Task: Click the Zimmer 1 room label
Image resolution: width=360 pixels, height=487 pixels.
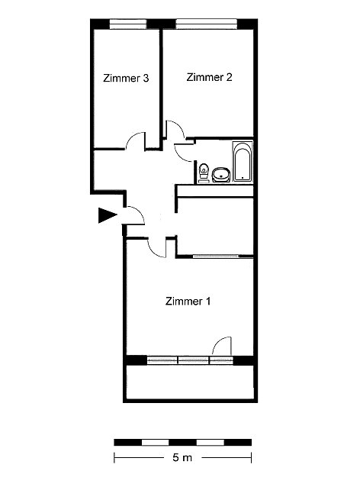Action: [188, 301]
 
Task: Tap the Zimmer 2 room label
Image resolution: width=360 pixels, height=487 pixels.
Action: [209, 77]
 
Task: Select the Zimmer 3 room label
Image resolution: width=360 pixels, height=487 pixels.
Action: [126, 78]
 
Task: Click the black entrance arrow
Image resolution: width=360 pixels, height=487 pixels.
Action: [108, 215]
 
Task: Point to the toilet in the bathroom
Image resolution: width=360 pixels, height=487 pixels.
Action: [204, 173]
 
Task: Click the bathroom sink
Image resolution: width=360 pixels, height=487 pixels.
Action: [221, 175]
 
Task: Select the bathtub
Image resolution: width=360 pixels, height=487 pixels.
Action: [243, 162]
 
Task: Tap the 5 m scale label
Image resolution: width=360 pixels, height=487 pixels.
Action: [182, 457]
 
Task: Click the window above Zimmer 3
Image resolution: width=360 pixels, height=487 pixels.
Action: [128, 24]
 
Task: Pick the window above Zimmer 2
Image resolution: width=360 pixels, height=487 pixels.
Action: [207, 24]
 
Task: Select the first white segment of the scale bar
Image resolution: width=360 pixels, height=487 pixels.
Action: [155, 442]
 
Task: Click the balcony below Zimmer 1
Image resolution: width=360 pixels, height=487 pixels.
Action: [190, 382]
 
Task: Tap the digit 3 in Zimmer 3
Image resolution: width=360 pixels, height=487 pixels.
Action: [146, 78]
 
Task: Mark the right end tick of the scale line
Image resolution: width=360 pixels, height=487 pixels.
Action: [251, 457]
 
